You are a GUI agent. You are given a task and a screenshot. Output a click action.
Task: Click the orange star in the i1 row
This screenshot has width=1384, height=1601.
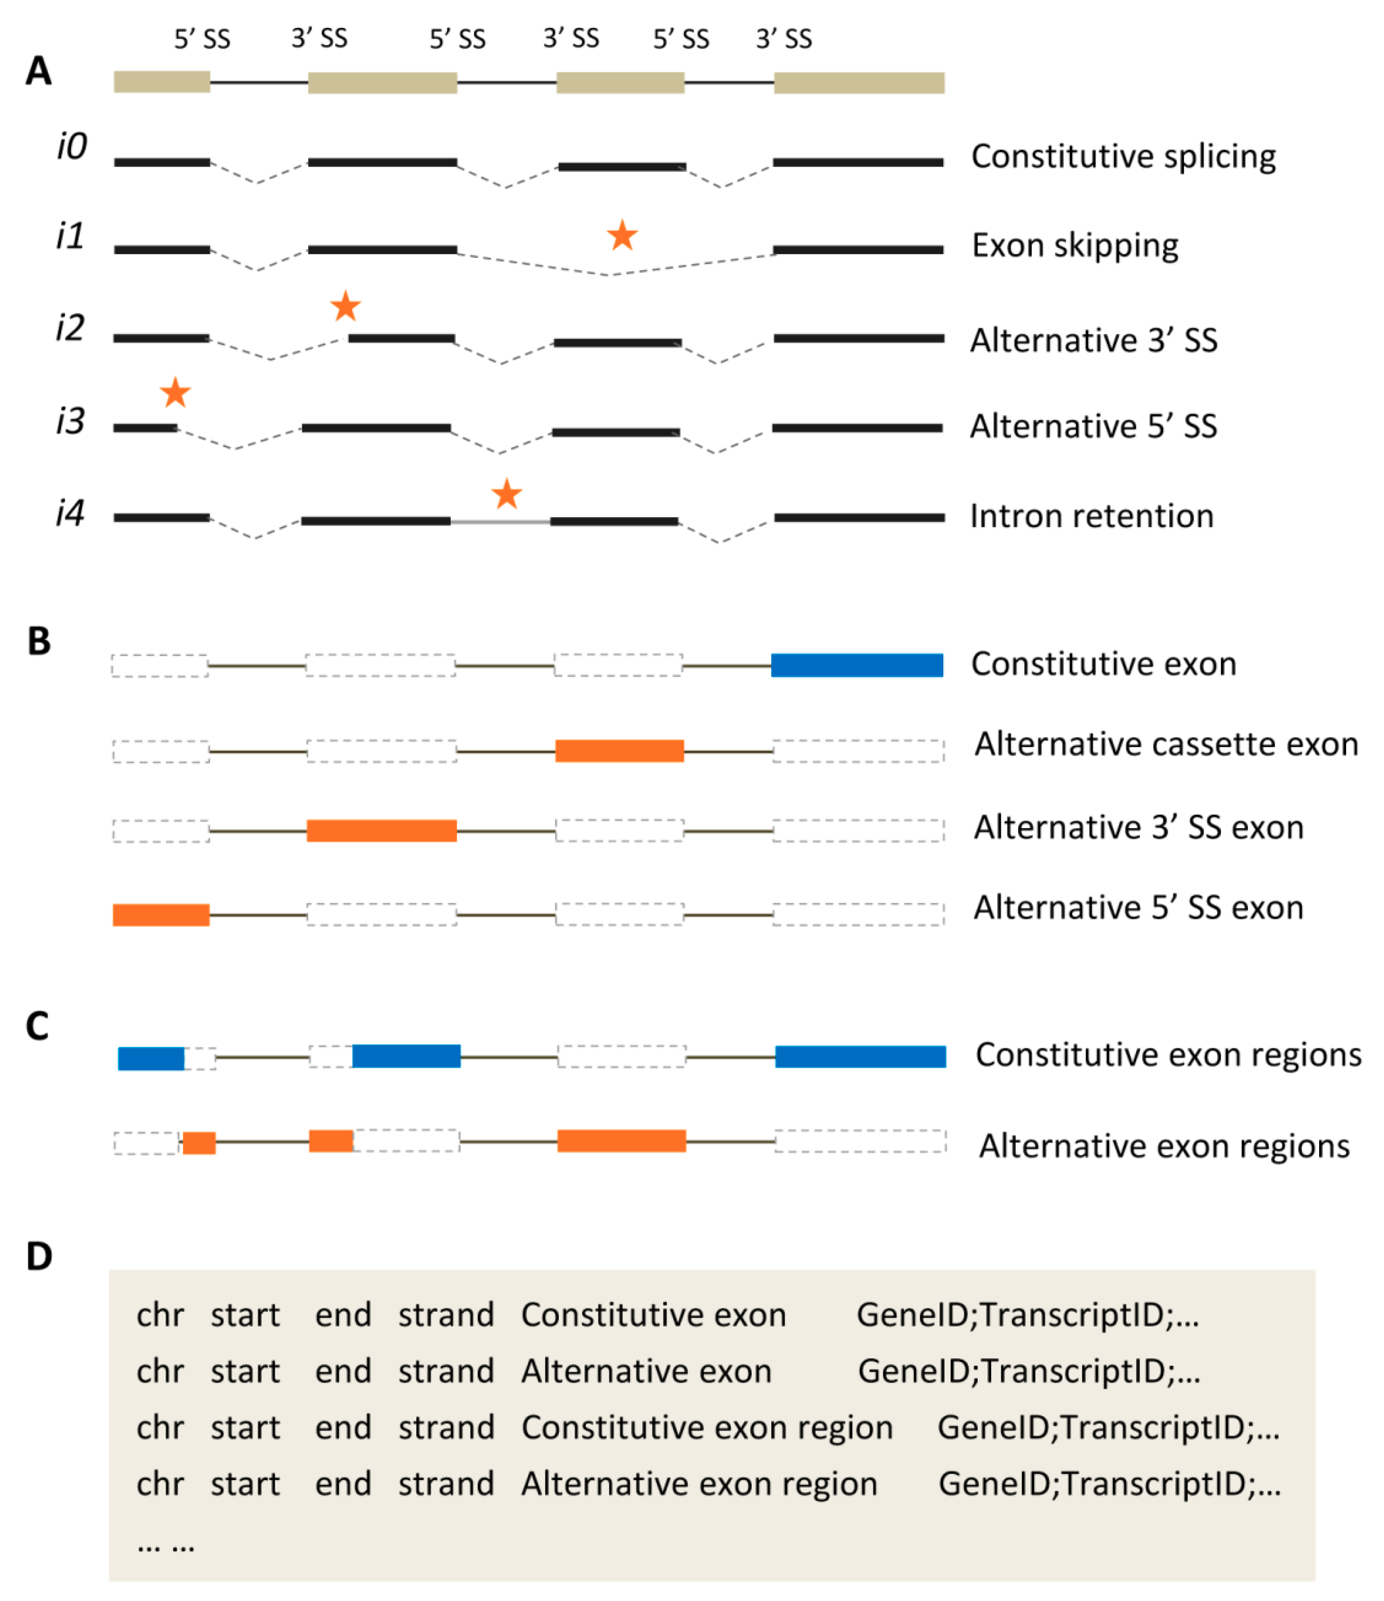tap(622, 236)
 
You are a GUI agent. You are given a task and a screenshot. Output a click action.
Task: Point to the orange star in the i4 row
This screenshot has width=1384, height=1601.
tap(507, 495)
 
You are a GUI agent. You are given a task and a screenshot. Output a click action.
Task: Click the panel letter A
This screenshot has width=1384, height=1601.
tap(39, 71)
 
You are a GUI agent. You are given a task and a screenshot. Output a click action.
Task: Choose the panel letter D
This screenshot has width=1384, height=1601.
tap(39, 1257)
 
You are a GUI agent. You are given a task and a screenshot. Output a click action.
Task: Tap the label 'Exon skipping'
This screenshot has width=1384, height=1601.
tap(1075, 246)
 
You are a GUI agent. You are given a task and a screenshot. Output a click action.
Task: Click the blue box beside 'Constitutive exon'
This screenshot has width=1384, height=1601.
tap(857, 665)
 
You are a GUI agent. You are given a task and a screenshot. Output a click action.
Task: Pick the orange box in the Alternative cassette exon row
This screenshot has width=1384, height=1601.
tap(619, 751)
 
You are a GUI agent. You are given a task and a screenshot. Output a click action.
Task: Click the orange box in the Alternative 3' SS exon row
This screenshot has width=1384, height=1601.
tap(382, 830)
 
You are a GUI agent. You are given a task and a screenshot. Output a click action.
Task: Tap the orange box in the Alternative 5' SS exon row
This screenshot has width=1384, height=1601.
tap(160, 915)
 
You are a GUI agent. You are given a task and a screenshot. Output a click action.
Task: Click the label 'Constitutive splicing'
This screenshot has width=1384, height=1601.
tap(1123, 157)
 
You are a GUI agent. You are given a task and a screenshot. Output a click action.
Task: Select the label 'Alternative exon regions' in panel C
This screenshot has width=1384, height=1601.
tap(1164, 1146)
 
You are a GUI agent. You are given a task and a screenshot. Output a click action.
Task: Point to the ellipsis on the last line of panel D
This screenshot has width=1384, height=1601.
tap(165, 1546)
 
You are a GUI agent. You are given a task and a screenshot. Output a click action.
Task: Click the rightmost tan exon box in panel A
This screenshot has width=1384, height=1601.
tap(859, 83)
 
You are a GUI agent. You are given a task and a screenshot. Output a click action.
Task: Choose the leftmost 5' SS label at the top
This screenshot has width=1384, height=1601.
tap(202, 39)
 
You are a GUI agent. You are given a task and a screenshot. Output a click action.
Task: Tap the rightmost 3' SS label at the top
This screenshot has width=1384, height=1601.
tap(784, 39)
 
